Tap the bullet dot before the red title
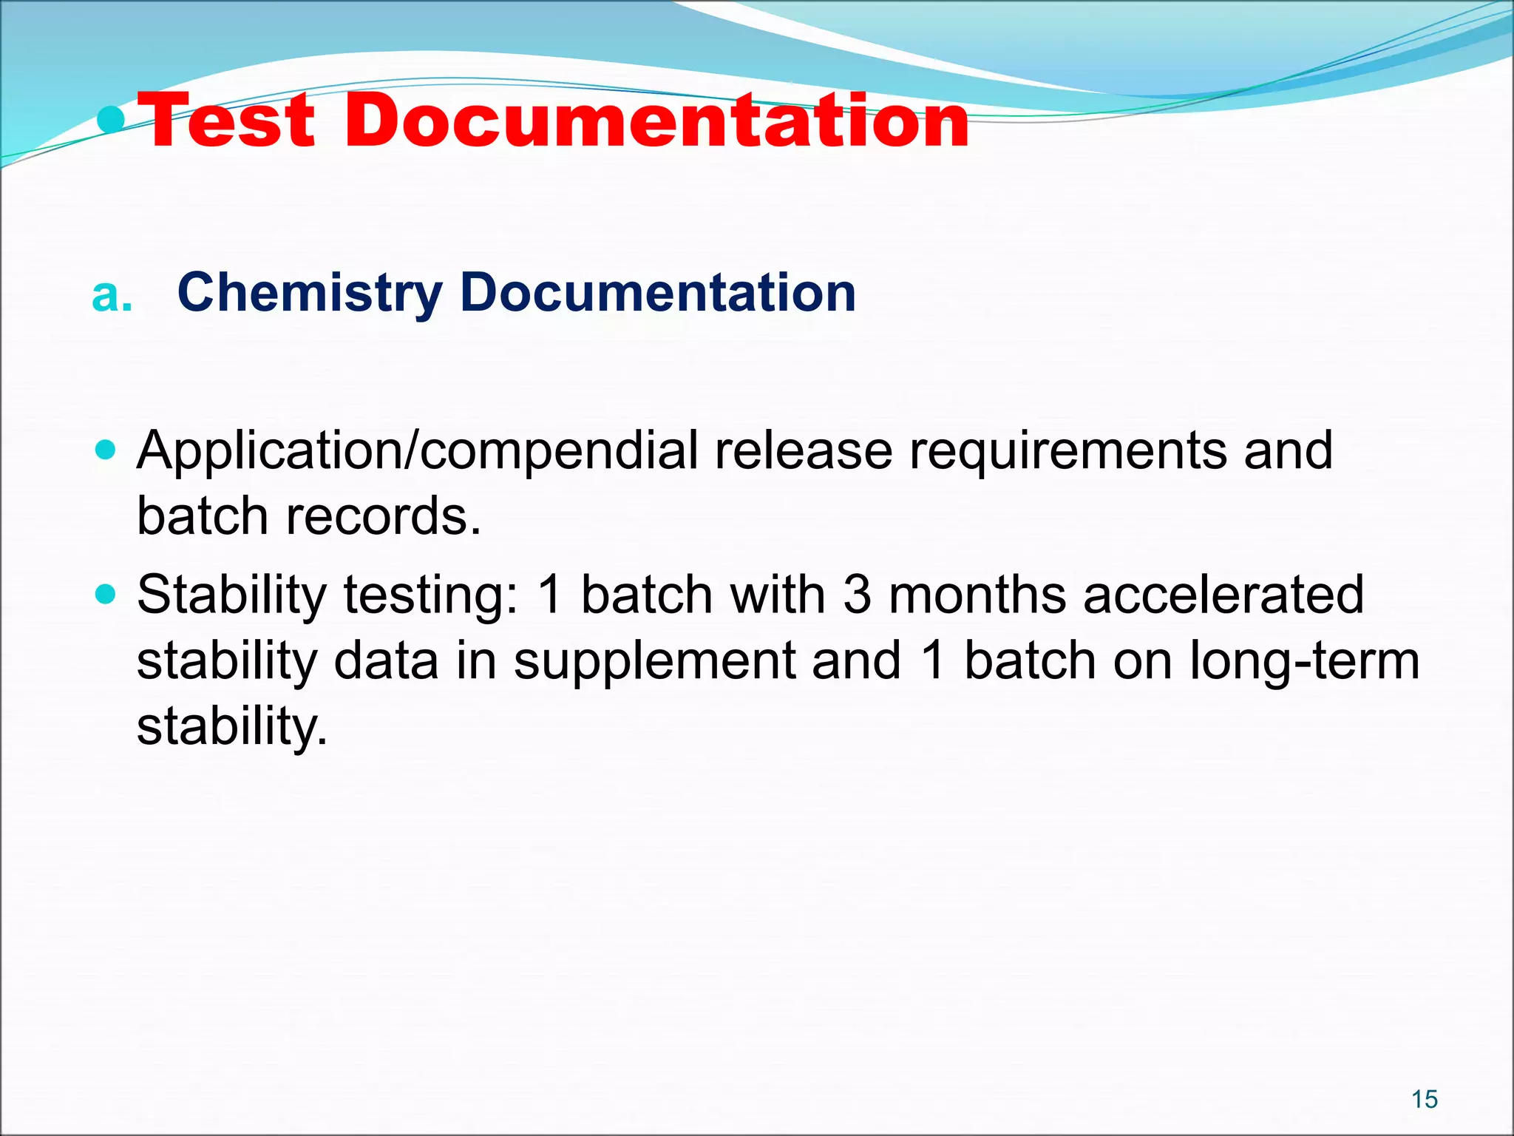[112, 119]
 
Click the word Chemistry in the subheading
[310, 294]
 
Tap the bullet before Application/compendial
[106, 449]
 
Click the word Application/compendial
[417, 450]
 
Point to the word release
[803, 450]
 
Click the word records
[384, 515]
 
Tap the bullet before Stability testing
[106, 593]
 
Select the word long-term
[1305, 660]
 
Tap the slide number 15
[1424, 1100]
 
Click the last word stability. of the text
[231, 726]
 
